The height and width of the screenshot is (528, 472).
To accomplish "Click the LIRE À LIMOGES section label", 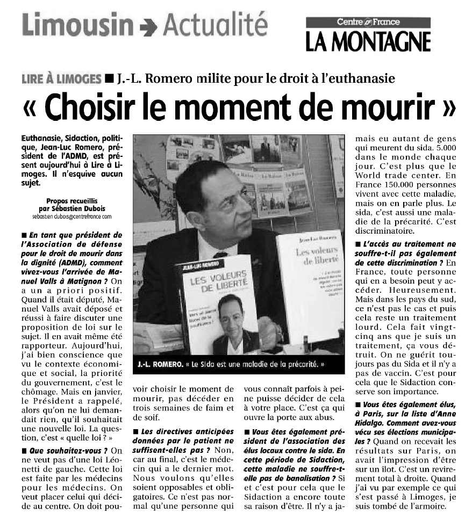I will [61, 78].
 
